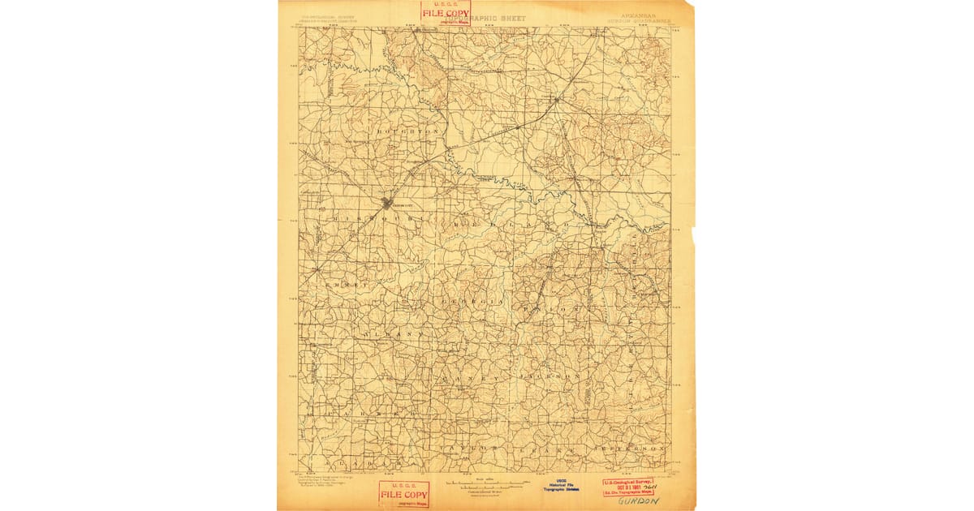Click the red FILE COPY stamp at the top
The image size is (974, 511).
tap(445, 13)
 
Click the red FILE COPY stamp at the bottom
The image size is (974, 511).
tap(403, 494)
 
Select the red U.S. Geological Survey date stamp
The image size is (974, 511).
tap(627, 486)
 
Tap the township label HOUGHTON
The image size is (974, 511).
tap(407, 131)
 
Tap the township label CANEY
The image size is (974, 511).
tap(459, 378)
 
